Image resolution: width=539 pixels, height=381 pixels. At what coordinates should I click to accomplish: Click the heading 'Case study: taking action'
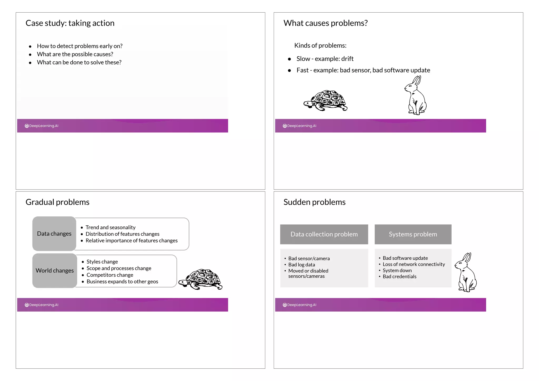tap(70, 23)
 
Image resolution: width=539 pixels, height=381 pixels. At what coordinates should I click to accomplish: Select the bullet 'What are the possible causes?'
tap(75, 54)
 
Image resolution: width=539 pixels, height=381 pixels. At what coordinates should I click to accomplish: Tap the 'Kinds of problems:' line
tap(320, 46)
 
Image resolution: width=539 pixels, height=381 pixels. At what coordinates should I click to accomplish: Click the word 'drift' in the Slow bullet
tap(347, 59)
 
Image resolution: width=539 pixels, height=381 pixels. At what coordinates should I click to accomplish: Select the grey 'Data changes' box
tap(54, 234)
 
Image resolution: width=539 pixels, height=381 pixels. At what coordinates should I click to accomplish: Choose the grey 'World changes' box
tap(55, 270)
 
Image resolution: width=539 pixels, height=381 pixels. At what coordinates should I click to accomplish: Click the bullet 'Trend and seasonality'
tap(110, 227)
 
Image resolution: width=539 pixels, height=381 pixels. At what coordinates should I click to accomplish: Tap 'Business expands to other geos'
tap(122, 281)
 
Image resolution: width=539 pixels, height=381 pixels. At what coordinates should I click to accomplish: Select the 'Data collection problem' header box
tap(324, 234)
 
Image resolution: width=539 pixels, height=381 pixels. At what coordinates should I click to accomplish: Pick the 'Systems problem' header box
tap(413, 234)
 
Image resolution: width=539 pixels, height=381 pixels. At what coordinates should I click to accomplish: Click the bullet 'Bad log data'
tap(301, 265)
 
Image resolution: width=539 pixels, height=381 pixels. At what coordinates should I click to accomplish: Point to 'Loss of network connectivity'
tap(413, 264)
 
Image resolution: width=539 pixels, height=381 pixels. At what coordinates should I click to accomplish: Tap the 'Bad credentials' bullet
tap(399, 276)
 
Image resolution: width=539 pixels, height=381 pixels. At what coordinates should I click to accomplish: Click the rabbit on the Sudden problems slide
tap(466, 274)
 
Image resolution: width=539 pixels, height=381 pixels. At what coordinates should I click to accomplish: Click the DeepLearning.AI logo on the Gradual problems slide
tap(42, 305)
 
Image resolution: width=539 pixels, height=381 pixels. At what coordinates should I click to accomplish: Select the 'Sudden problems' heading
tap(314, 202)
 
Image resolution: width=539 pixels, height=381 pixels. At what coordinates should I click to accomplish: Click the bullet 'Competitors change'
tap(110, 275)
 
